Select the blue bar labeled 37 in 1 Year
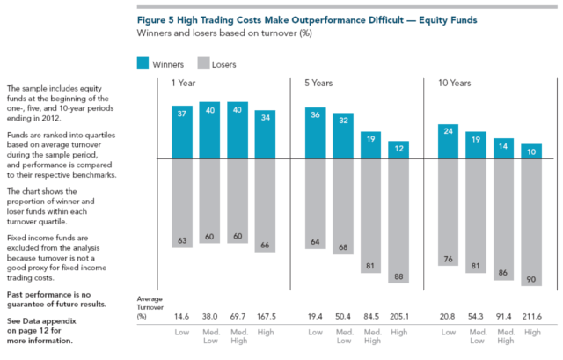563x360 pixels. tap(183, 132)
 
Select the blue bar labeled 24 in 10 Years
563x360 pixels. tap(450, 142)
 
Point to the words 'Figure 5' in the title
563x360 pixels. tap(160, 17)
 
